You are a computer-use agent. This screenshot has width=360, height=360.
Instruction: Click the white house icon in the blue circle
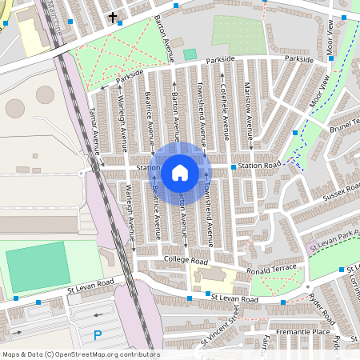click(x=180, y=173)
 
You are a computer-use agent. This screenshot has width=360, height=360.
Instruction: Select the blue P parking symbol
click(x=98, y=335)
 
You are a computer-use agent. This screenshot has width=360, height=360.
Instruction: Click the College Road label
click(x=186, y=262)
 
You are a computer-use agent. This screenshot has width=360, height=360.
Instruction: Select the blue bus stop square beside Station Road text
click(x=234, y=166)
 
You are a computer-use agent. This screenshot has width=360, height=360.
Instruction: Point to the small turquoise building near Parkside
click(x=190, y=54)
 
